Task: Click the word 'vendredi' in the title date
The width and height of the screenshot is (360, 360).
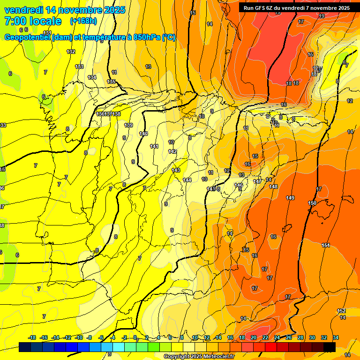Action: point(24,10)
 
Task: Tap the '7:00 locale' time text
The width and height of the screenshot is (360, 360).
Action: point(33,21)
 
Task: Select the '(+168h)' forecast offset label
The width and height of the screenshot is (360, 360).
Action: point(83,21)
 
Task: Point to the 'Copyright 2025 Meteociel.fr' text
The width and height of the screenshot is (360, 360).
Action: point(199,356)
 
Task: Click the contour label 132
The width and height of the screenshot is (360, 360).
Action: point(71,52)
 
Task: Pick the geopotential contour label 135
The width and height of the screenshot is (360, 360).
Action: point(111,82)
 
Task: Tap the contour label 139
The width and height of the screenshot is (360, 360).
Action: point(128,125)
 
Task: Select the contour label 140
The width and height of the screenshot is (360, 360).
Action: point(143,134)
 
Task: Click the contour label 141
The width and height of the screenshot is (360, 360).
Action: point(154,147)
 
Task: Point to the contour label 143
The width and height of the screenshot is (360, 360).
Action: point(176,170)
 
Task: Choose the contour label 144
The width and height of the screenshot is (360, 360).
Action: point(187,180)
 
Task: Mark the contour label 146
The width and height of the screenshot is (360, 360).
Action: point(239,186)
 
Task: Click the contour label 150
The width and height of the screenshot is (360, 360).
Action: point(312,203)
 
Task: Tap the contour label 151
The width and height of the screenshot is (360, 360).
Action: point(326,245)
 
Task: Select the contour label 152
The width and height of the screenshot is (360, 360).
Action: point(341,311)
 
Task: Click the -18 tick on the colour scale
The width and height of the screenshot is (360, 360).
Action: point(32,337)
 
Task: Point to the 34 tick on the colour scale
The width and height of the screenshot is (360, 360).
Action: point(336,337)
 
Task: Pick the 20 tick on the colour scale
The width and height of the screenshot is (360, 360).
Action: point(254,337)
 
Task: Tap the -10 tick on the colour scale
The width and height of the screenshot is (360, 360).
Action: point(79,337)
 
